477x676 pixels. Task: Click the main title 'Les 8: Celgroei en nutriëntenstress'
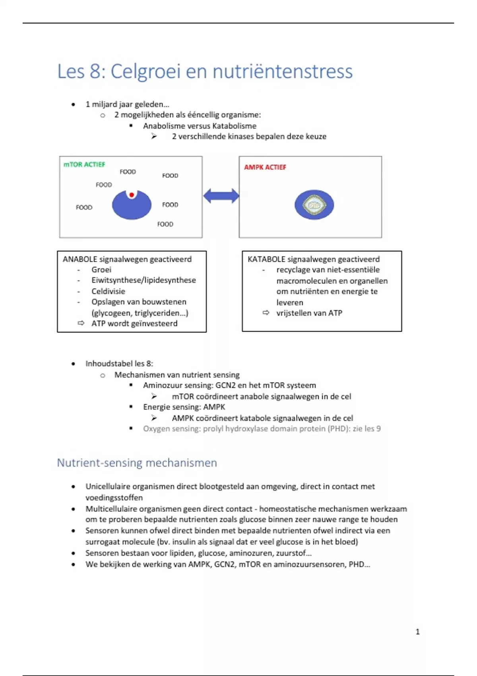[x=205, y=72]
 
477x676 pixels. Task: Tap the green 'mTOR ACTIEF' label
[x=84, y=165]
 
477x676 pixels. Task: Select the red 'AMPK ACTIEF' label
[x=265, y=167]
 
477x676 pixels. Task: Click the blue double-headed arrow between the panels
[x=221, y=196]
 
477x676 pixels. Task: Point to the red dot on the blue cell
[x=132, y=195]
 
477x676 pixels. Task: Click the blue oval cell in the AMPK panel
[x=314, y=205]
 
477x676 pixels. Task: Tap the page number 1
[x=417, y=631]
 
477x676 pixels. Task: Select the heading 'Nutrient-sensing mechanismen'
[x=137, y=463]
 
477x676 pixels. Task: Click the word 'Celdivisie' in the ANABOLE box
[x=108, y=291]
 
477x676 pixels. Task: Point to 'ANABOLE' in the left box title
[x=80, y=259]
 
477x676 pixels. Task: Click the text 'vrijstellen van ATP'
[x=309, y=313]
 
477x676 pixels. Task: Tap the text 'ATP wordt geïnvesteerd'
[x=134, y=323]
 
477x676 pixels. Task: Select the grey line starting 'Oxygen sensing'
[x=262, y=429]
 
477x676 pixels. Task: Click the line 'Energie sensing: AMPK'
[x=184, y=407]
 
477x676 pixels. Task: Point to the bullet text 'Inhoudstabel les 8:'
[x=119, y=363]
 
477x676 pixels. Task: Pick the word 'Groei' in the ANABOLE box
[x=101, y=270]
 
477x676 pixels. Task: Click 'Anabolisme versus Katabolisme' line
[x=200, y=126]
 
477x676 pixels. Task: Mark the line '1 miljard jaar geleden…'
[x=127, y=104]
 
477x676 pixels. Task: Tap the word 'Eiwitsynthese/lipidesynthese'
[x=143, y=280]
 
